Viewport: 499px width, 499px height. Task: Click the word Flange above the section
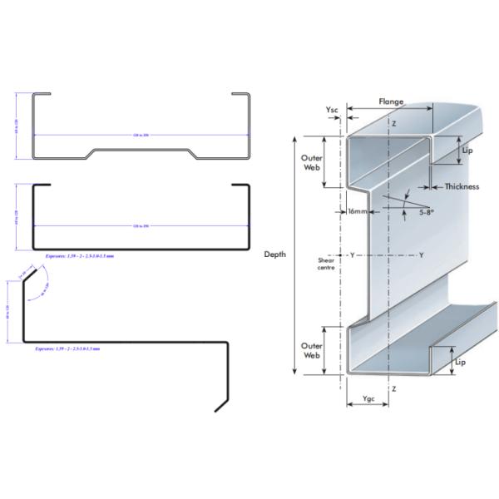click(391, 101)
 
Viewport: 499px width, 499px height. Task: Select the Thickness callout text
click(462, 186)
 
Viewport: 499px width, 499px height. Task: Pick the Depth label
click(274, 254)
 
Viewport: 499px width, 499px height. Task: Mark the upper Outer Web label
click(311, 160)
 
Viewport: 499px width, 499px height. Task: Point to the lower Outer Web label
click(311, 349)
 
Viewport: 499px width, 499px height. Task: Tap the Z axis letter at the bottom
click(393, 388)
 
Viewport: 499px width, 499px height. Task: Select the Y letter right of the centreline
click(421, 254)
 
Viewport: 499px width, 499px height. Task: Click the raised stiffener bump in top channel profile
click(142, 151)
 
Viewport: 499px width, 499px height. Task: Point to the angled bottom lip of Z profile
click(221, 403)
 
